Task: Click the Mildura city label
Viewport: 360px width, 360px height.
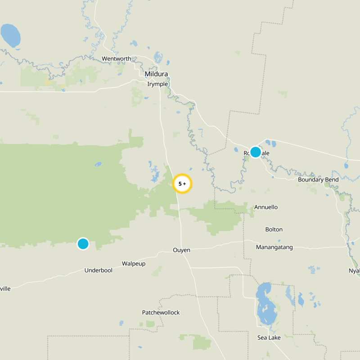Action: click(156, 74)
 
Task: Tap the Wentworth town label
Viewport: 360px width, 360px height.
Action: click(116, 58)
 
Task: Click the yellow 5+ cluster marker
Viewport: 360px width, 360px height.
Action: click(182, 184)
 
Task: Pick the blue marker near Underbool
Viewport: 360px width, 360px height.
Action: click(83, 243)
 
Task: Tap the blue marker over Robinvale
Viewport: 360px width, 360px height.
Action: click(255, 152)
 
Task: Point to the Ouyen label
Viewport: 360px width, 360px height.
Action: click(181, 250)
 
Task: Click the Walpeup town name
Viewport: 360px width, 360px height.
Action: click(134, 263)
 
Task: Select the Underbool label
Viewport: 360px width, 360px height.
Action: click(98, 270)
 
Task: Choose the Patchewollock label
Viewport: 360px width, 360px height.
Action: click(161, 312)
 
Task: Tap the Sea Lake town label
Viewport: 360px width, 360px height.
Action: click(269, 337)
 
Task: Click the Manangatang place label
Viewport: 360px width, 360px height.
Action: click(274, 247)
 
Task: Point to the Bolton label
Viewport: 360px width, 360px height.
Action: click(274, 229)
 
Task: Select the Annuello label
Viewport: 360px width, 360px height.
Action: click(266, 207)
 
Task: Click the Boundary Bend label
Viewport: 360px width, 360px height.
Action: click(318, 180)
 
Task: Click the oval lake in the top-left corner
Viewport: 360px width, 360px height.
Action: click(10, 35)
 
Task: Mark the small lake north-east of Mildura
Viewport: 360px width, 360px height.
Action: click(158, 57)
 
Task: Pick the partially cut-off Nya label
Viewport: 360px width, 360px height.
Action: click(354, 270)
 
